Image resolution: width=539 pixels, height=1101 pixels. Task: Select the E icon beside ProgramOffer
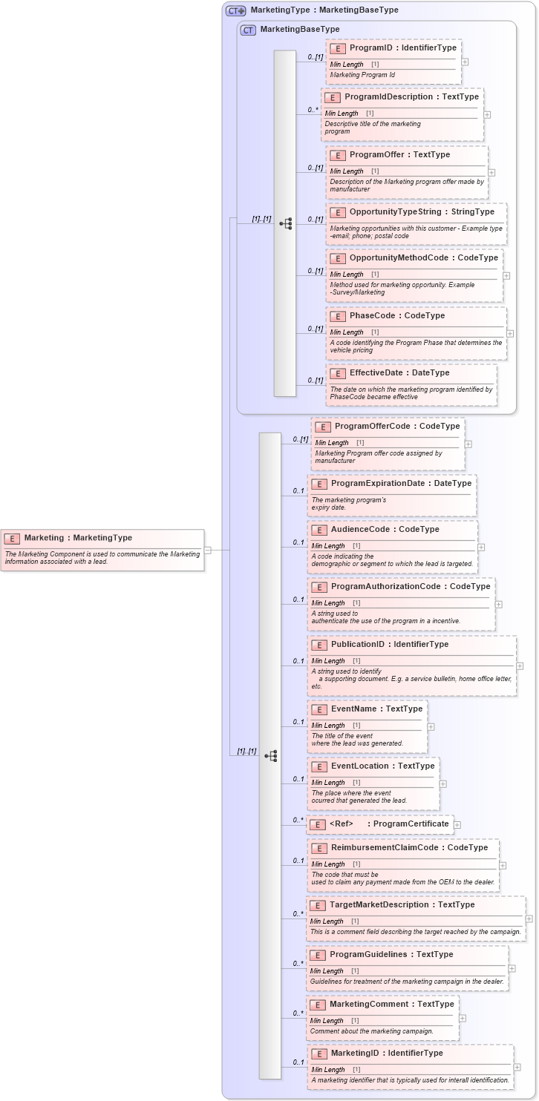pos(338,155)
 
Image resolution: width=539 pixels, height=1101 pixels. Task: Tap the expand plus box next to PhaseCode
pos(510,333)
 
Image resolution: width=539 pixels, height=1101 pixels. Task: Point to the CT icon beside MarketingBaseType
pos(248,30)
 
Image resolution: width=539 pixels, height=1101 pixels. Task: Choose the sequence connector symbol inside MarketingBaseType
pos(285,223)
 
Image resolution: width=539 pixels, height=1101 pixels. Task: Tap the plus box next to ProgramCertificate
pos(457,824)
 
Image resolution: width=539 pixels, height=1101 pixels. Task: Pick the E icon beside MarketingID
pos(318,1054)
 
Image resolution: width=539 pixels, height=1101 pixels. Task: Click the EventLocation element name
pos(382,766)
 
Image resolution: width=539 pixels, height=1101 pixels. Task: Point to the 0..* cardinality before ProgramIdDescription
pos(313,110)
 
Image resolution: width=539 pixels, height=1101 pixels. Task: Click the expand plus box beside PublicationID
pos(520,666)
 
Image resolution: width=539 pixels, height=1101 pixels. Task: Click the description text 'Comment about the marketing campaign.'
pos(371,1031)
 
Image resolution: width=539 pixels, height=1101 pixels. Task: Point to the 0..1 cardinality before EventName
pos(298,722)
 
